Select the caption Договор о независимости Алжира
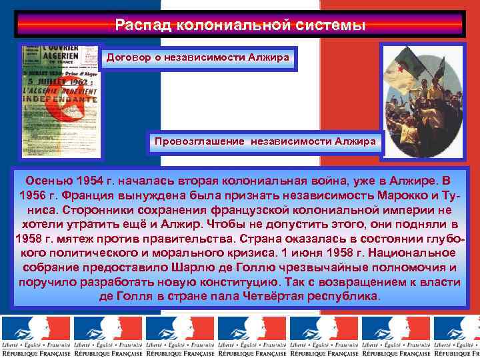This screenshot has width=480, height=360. coord(198,58)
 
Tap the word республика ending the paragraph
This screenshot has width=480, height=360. coord(345,297)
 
